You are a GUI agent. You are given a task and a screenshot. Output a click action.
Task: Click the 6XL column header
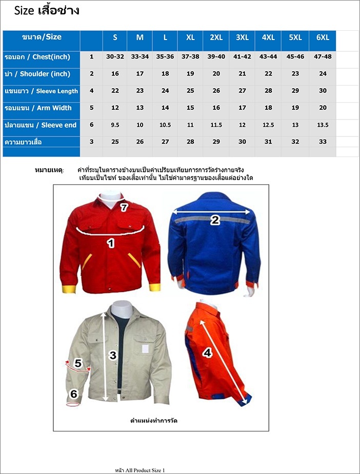tap(323, 37)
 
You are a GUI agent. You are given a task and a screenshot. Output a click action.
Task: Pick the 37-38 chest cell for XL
tap(190, 56)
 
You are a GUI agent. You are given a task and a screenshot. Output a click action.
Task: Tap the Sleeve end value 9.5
tap(115, 125)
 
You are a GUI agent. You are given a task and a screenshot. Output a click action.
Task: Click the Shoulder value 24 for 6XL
tap(323, 74)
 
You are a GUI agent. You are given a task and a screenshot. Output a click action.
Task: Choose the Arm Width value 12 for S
tap(115, 108)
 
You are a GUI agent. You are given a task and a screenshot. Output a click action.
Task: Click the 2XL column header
tap(216, 37)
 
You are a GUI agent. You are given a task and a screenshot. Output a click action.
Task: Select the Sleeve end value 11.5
tap(216, 125)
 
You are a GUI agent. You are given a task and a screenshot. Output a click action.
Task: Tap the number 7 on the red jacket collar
tap(124, 208)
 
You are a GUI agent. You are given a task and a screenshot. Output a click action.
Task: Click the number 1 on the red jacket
tap(110, 243)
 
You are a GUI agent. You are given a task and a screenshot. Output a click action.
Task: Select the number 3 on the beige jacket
tap(113, 355)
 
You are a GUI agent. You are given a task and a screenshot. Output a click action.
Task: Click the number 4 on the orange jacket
tap(207, 353)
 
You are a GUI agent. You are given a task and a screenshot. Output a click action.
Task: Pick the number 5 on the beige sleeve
tap(78, 363)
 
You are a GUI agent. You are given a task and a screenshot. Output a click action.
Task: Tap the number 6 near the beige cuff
tap(74, 394)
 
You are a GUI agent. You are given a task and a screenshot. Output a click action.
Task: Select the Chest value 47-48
tap(323, 56)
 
